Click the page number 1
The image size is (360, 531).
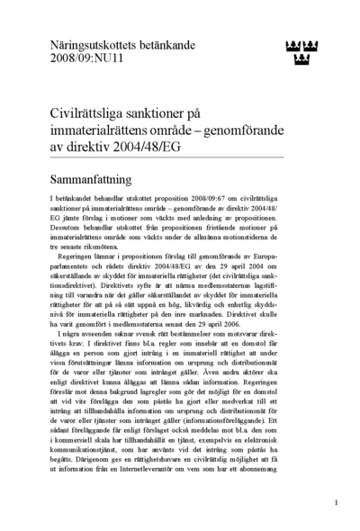[x=336, y=503]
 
